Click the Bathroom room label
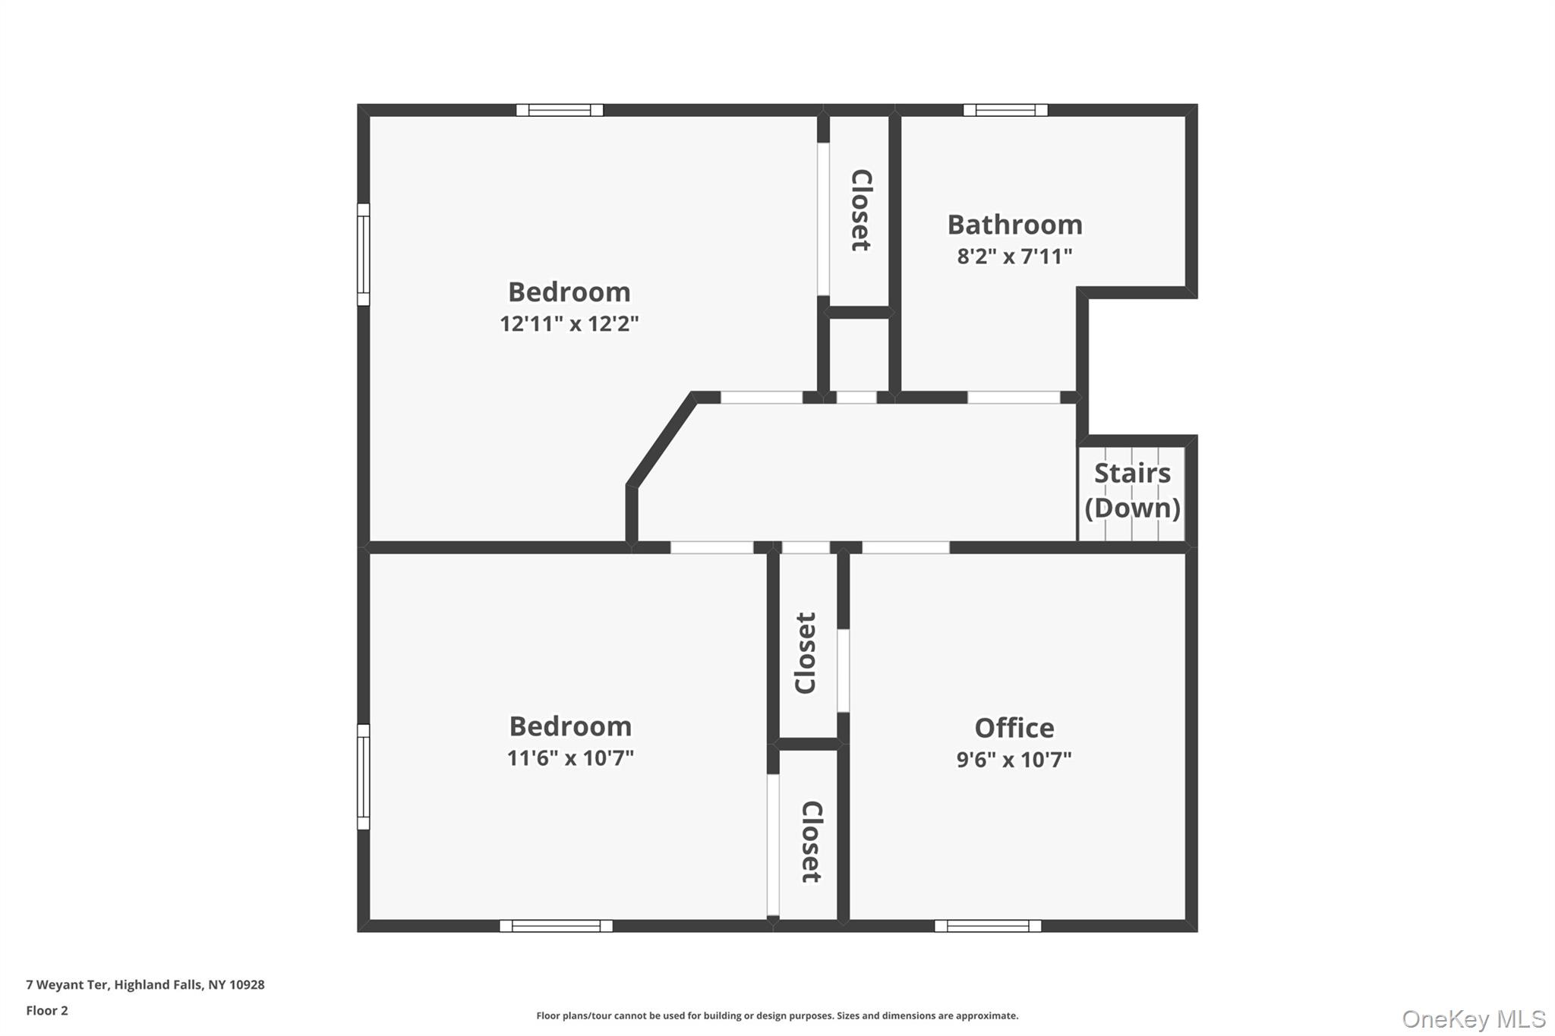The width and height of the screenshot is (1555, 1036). pos(1014,225)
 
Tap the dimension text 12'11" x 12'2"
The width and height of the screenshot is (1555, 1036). pos(569,324)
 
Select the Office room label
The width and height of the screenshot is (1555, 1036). pos(1014,728)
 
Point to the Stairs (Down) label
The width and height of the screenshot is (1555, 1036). pos(1132,490)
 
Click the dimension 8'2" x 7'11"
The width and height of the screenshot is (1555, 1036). pos(1014,257)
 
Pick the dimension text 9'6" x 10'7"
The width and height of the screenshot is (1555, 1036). pos(1014,760)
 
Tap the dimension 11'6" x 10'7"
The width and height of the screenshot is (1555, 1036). pos(570,758)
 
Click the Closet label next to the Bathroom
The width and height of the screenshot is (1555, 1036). pos(860,210)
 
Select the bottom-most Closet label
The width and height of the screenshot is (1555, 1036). pos(812,842)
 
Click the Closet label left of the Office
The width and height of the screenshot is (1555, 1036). pos(806,653)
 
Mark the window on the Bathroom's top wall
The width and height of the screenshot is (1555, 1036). pos(1005,110)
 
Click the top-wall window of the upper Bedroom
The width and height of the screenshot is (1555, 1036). pos(560,110)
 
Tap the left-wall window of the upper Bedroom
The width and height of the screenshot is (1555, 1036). pos(364,254)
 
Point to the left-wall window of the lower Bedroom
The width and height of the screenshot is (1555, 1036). pos(364,776)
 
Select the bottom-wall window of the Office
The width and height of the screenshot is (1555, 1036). pos(988,926)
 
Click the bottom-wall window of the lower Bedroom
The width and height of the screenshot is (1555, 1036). pos(556,926)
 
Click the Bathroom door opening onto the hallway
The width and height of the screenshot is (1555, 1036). pos(1014,398)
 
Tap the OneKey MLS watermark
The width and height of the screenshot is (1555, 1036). pos(1474,1019)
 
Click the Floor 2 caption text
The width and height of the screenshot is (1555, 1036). pos(47,1010)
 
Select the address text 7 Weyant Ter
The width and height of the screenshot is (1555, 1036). pos(67,984)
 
